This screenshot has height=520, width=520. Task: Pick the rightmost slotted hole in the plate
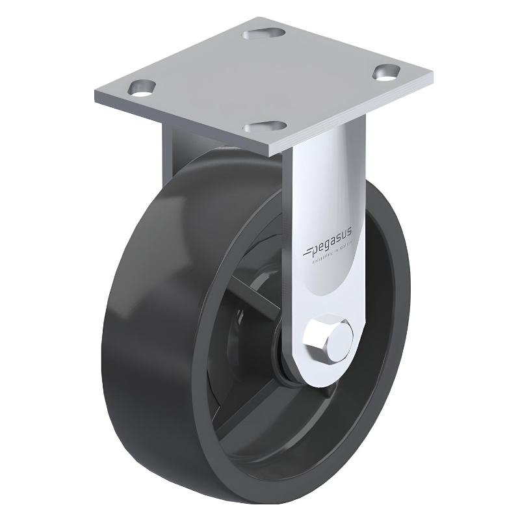pos(388,73)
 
